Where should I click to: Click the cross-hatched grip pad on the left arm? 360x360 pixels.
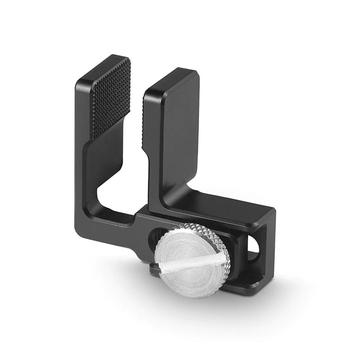(110, 97)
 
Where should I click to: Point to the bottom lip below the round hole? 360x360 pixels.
(255, 274)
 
